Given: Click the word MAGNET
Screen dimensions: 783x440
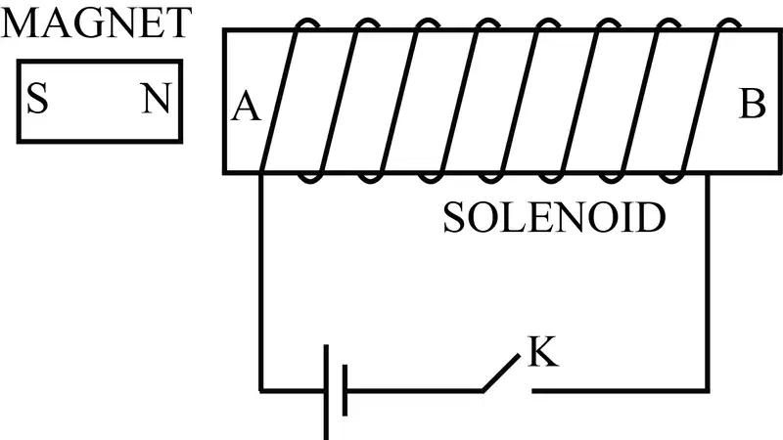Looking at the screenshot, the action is tap(96, 22).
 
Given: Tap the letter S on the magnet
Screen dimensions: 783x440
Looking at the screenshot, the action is tap(37, 99).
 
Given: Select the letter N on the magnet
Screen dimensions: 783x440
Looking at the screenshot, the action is tap(157, 99).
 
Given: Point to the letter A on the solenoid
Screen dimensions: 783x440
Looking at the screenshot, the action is tap(246, 107).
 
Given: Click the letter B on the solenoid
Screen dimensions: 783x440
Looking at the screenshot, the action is tap(752, 104).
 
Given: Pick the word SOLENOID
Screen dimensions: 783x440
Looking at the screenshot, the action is tap(554, 217).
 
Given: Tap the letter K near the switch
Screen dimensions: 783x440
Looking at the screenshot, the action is tap(543, 352).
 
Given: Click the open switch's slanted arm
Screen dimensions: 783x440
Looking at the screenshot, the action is tap(501, 373).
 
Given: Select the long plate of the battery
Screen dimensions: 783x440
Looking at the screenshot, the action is tap(326, 392).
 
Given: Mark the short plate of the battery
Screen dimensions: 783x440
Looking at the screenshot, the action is tap(345, 390).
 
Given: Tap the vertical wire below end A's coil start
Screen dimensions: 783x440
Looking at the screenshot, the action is tap(260, 282).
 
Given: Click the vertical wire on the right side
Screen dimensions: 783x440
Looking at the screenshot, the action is tap(707, 282).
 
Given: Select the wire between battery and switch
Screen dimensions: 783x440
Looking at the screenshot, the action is tap(414, 390).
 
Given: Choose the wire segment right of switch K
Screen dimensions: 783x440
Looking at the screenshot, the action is tap(620, 390).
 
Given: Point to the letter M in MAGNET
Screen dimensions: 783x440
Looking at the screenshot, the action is tap(19, 22).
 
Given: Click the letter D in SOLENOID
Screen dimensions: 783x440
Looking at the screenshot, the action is tap(649, 217).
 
